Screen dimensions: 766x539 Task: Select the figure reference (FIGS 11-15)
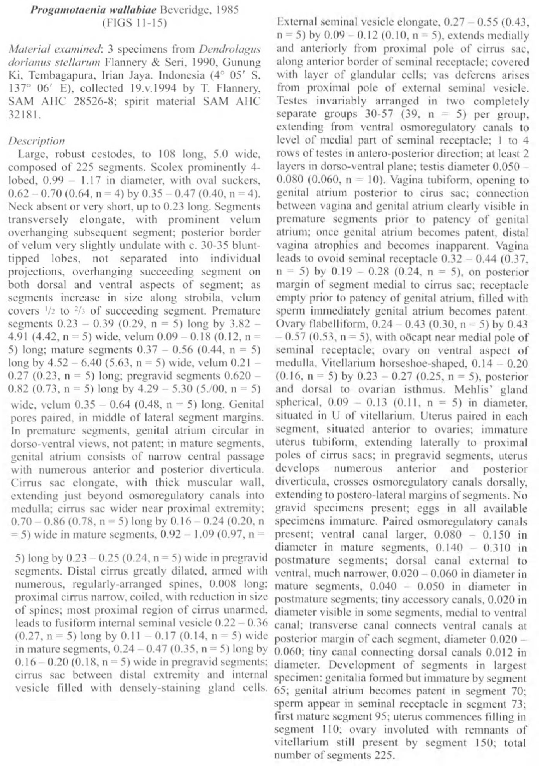134,23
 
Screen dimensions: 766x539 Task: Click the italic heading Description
36,141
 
